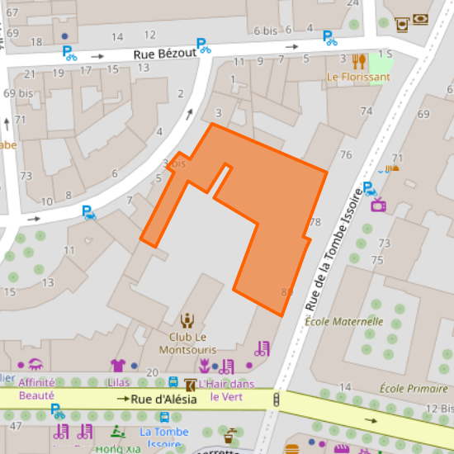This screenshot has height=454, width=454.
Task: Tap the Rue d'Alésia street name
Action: (x=163, y=400)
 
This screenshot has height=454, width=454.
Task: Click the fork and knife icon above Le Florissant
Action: (x=358, y=60)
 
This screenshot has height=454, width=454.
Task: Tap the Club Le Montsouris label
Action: (x=187, y=343)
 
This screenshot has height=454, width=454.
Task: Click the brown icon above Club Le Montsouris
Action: (x=187, y=320)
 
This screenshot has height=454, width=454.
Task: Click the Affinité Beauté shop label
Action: (x=36, y=389)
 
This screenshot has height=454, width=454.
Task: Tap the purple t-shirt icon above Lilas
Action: (x=117, y=365)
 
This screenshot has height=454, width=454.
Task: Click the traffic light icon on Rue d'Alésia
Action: (x=276, y=400)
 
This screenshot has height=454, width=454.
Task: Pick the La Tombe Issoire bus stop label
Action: (x=165, y=437)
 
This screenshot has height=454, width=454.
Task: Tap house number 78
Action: (x=314, y=223)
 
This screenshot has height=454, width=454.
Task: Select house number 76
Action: (x=346, y=155)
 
